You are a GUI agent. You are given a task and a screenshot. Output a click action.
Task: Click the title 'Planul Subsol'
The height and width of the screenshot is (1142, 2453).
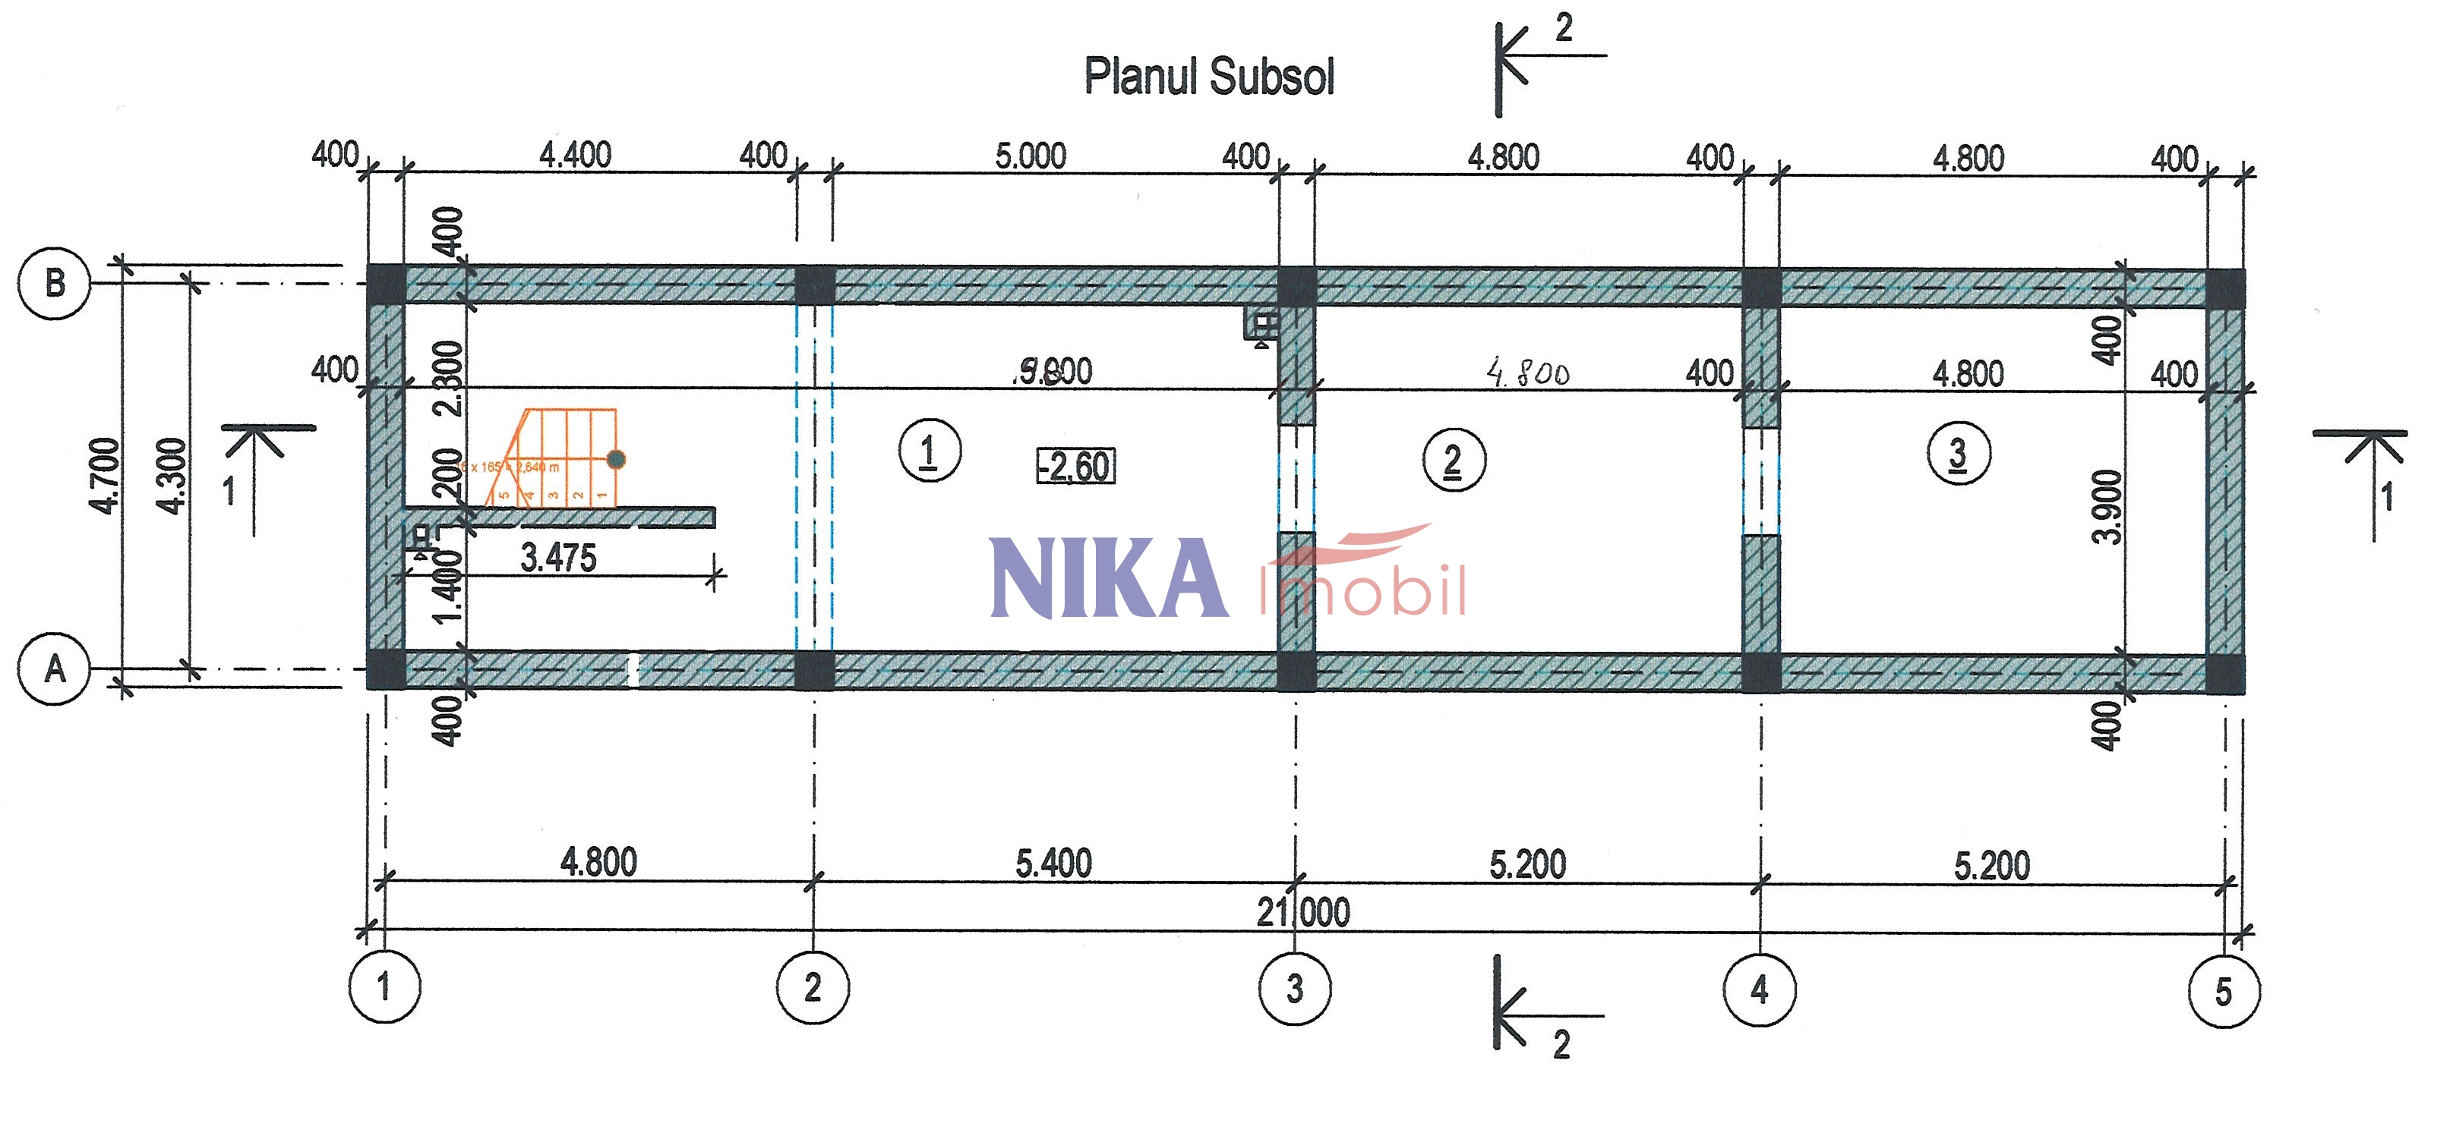point(1208,76)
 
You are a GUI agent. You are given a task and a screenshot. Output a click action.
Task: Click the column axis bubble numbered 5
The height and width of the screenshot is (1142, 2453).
point(2224,992)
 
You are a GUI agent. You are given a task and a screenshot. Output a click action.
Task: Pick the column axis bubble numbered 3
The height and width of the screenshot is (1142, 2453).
point(1294,989)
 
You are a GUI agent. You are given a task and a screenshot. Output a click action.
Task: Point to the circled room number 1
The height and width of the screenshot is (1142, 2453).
point(930,450)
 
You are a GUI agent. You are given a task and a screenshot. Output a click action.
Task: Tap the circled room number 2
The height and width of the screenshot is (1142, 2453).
point(1453,460)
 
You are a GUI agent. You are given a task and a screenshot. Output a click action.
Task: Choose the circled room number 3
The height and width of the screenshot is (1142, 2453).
point(1958,453)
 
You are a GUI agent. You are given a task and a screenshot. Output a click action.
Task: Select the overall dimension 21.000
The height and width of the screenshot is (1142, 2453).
point(1302,911)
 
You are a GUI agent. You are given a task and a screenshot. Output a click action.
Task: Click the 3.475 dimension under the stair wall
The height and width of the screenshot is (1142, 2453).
point(558,558)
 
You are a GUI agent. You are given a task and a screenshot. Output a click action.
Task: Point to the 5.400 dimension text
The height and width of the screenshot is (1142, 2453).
point(1053,864)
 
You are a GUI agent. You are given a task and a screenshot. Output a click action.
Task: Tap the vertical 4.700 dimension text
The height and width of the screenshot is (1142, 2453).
point(105,476)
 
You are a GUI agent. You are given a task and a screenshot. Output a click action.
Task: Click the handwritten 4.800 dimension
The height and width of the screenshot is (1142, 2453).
point(1527,372)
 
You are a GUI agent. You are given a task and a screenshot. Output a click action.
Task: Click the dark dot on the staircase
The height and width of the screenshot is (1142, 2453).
point(616,460)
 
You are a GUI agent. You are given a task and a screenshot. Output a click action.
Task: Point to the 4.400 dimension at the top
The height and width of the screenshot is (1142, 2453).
point(575,154)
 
